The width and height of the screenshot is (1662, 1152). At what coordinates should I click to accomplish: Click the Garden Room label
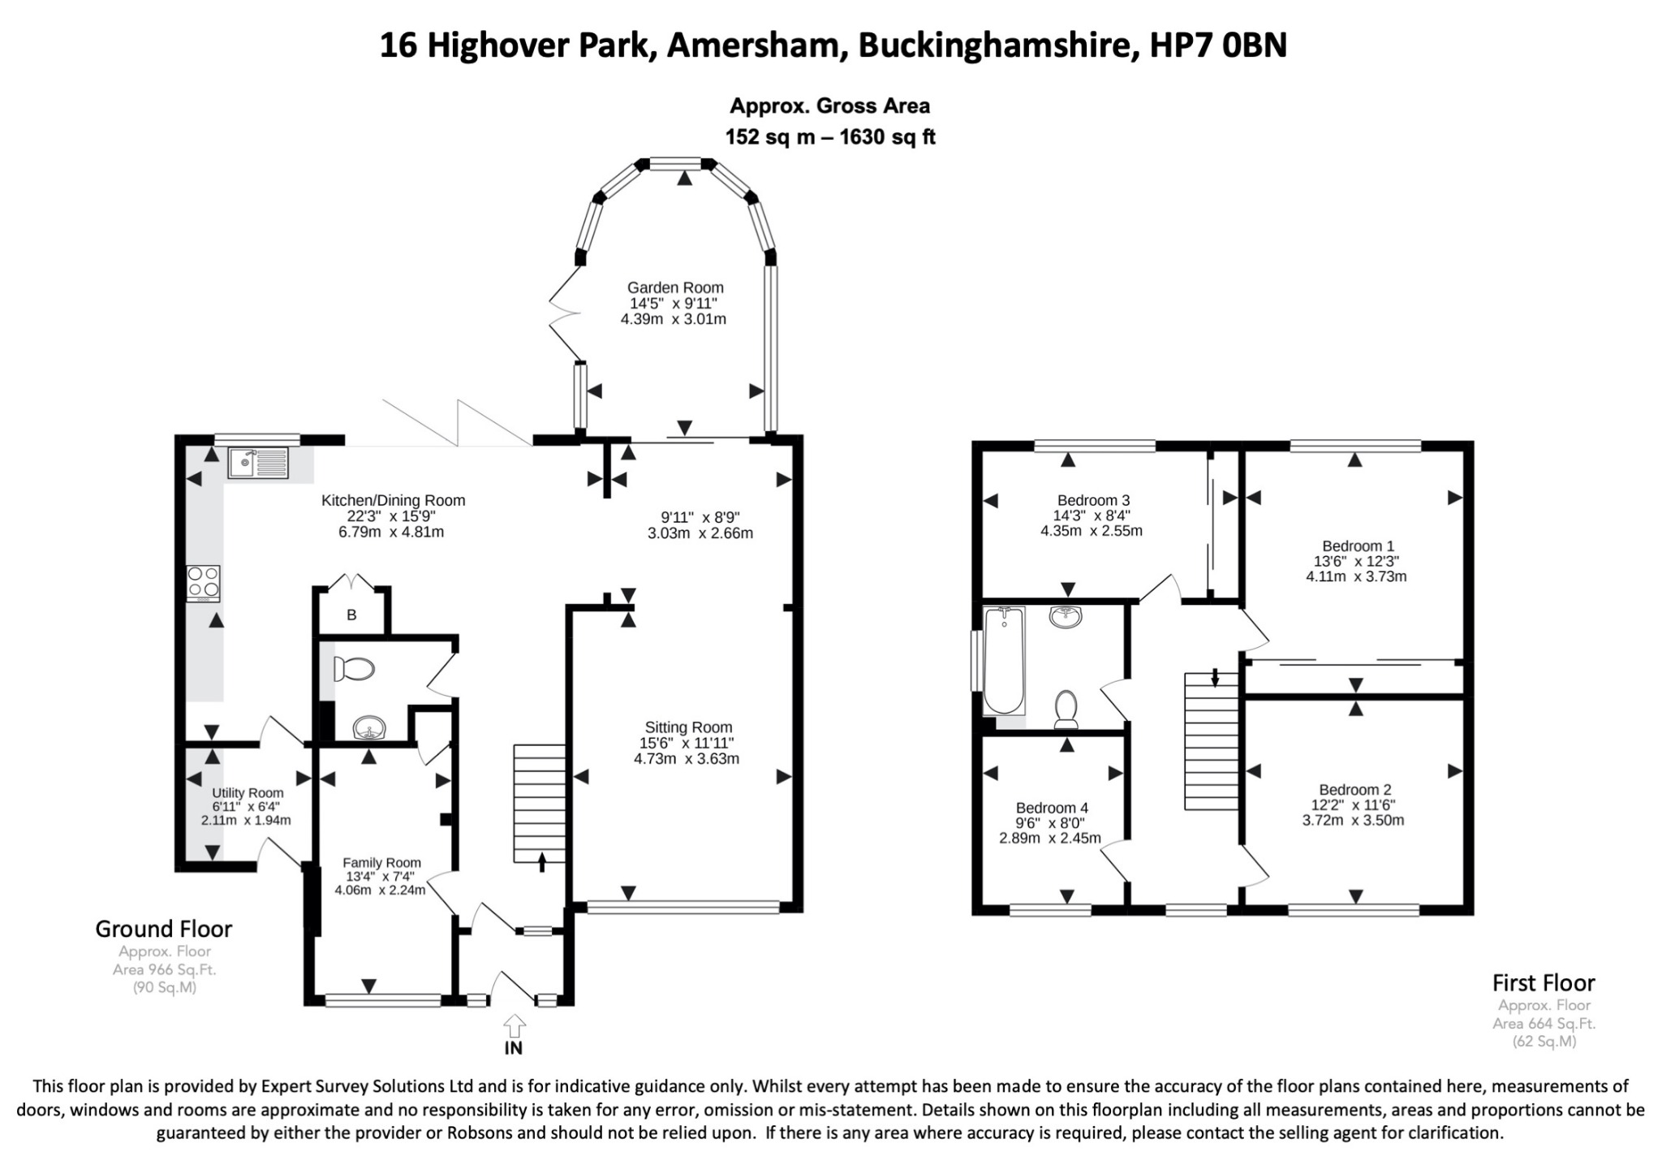(x=675, y=287)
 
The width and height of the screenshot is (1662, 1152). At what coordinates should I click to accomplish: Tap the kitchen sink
(x=258, y=463)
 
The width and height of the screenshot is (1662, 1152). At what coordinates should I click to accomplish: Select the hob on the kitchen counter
(x=203, y=583)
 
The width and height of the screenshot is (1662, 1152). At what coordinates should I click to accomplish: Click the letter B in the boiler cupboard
(x=351, y=615)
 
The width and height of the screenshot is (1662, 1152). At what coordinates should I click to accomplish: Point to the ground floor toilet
(x=354, y=670)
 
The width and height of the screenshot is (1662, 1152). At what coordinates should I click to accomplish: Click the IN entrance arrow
(x=514, y=1025)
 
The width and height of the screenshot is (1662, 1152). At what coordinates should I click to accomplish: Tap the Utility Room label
(x=248, y=793)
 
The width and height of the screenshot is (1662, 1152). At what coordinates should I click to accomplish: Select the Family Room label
(x=381, y=863)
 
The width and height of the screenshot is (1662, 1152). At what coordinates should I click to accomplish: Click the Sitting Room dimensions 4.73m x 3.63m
(x=687, y=759)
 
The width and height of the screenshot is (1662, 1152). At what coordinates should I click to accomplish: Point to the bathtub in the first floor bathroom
(x=1004, y=661)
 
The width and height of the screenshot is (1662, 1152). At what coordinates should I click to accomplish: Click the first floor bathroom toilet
(x=1066, y=709)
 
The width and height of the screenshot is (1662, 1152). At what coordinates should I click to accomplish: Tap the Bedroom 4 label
(x=1052, y=808)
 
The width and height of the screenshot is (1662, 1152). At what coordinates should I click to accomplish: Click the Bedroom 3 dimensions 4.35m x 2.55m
(x=1091, y=531)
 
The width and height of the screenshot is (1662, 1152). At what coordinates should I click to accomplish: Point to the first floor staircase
(x=1212, y=741)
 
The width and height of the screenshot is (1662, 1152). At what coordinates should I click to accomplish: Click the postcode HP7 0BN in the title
(x=1218, y=45)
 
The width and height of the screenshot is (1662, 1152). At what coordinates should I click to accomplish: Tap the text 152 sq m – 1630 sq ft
(x=830, y=137)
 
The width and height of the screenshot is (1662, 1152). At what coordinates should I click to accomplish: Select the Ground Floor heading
(x=164, y=929)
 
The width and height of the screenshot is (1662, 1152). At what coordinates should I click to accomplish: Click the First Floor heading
(x=1544, y=983)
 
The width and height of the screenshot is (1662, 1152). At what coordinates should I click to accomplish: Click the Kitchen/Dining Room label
(x=393, y=501)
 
